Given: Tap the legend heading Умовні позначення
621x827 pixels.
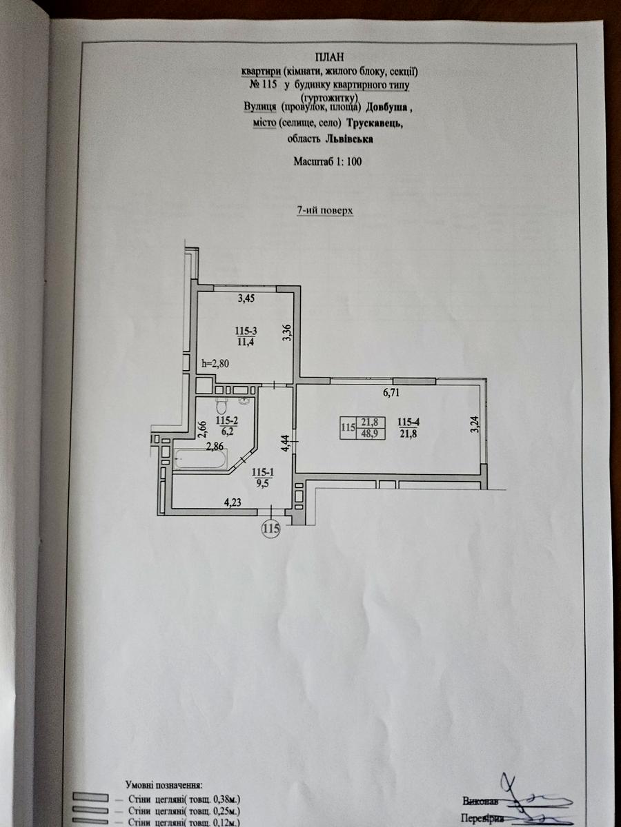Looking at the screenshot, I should pyautogui.click(x=164, y=784).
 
